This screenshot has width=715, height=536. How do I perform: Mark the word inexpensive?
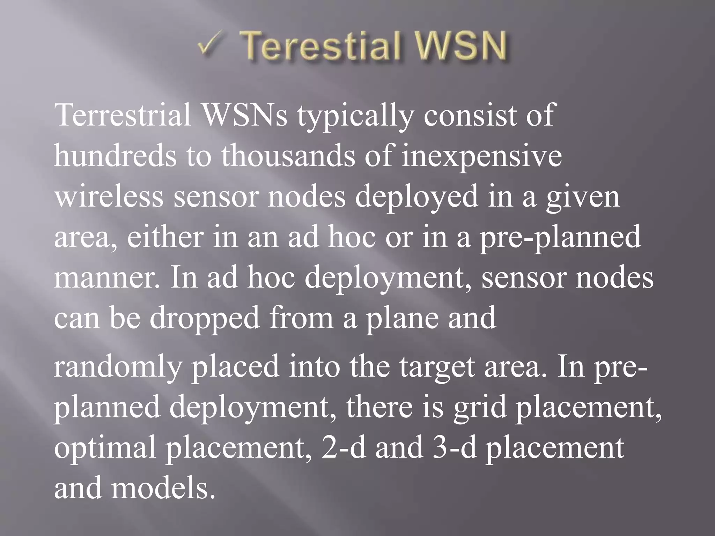pos(482,156)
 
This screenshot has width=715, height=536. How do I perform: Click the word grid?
pos(480,408)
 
